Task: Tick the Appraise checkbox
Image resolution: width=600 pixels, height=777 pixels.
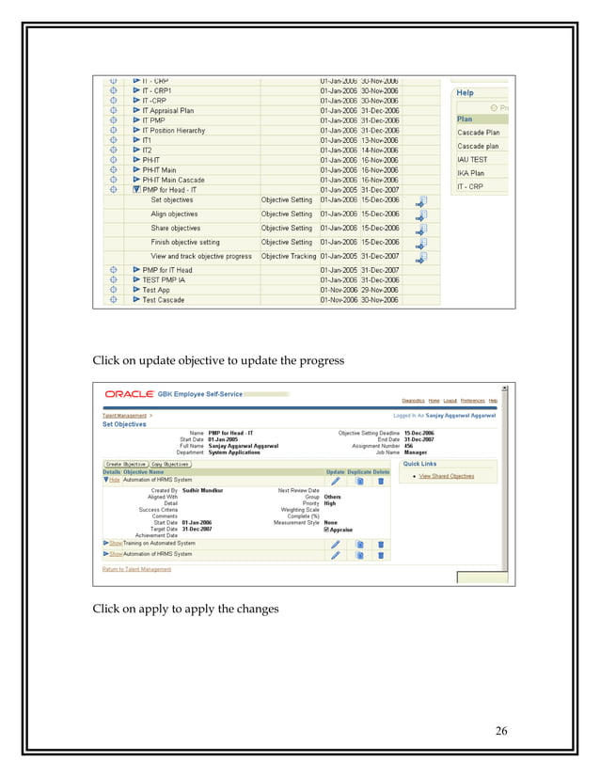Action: (326, 530)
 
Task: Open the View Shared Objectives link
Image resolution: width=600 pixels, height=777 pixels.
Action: (447, 476)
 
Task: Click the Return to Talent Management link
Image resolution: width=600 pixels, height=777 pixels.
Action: (136, 569)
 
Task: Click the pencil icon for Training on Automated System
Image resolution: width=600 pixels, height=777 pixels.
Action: (335, 544)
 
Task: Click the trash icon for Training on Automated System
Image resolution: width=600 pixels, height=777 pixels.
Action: (381, 544)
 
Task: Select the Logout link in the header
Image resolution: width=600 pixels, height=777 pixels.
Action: (449, 401)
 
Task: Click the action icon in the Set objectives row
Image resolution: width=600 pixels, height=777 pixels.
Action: (420, 200)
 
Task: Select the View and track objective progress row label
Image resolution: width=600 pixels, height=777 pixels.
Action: (201, 256)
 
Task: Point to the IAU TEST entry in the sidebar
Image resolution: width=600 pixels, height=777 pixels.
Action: (472, 160)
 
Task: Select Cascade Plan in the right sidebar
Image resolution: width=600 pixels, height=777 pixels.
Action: (478, 133)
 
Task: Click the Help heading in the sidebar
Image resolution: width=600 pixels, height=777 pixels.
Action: (465, 93)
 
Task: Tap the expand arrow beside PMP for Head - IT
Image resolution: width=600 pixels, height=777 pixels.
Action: (136, 189)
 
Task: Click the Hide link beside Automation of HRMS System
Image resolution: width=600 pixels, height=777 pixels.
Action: (114, 479)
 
